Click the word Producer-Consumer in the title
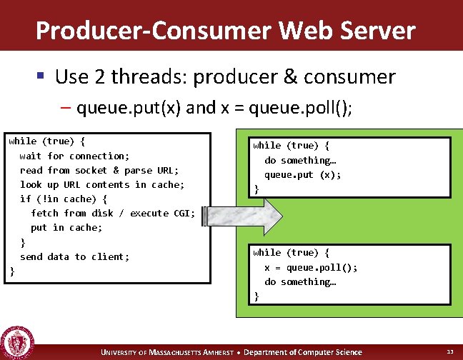[151, 31]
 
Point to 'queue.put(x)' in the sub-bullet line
[130, 108]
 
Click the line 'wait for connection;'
[74, 156]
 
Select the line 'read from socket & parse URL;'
[99, 170]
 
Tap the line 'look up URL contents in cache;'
[102, 184]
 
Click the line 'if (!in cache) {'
[64, 199]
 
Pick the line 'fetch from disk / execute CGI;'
[113, 213]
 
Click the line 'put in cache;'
[66, 227]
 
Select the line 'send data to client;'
[74, 256]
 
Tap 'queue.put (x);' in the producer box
[303, 174]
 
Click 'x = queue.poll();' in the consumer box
[311, 267]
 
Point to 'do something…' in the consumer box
[300, 281]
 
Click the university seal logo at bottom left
[16, 342]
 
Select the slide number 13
[449, 351]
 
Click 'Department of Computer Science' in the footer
[305, 352]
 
